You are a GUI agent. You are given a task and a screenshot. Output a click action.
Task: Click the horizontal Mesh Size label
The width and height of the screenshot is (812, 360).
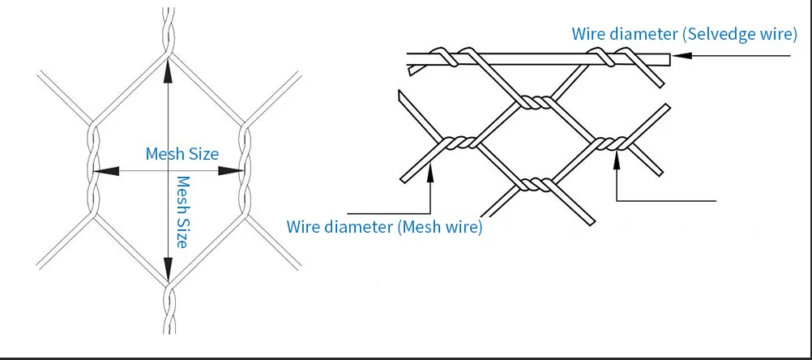[x=182, y=153]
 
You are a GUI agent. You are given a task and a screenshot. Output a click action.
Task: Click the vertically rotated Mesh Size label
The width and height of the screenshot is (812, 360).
[x=182, y=212]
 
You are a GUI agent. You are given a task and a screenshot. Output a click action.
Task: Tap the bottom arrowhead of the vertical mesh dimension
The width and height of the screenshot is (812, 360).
[x=169, y=272]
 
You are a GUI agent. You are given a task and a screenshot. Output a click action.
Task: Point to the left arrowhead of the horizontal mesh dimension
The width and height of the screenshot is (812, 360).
[x=98, y=170]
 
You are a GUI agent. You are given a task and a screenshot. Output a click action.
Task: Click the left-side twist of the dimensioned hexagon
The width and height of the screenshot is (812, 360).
[x=91, y=170]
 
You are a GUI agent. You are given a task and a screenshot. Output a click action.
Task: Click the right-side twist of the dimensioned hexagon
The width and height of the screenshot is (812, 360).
[x=246, y=170]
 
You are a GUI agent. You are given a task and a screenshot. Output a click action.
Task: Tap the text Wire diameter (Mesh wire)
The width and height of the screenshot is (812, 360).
[x=384, y=227]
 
